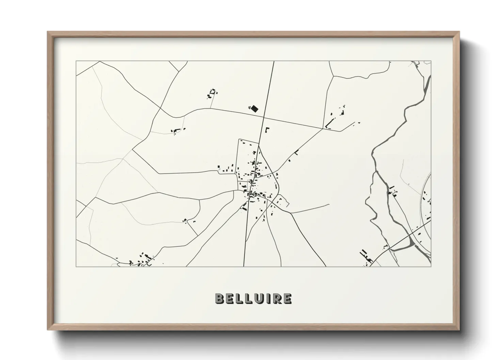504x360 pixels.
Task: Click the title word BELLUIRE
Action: (253, 298)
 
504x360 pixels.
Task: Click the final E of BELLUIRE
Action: (287, 298)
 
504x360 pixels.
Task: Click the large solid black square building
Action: (254, 109)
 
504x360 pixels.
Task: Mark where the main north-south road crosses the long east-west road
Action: (264, 117)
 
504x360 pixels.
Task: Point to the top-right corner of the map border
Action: (431, 61)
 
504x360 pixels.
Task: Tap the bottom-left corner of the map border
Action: (76, 266)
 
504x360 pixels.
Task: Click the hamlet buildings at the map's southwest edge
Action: (141, 260)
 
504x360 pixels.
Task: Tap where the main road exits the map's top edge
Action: (273, 61)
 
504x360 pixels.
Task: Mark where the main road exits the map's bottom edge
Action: (245, 266)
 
